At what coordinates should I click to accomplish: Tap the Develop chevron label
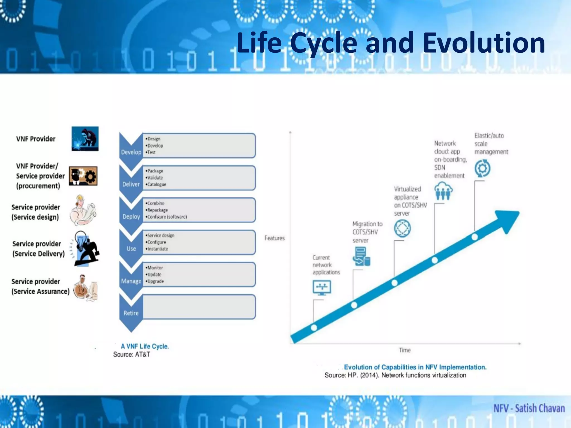tap(131, 152)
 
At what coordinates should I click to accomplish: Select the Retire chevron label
tap(131, 313)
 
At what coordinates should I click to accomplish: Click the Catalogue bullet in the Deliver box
tap(156, 184)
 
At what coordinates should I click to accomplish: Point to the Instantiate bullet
tap(157, 249)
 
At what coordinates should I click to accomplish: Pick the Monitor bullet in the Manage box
tap(155, 267)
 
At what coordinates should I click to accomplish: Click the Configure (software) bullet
tap(166, 217)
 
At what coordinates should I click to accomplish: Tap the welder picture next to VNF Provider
tap(85, 139)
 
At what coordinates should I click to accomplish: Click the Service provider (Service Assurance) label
tap(40, 286)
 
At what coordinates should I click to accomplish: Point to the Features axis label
tap(274, 238)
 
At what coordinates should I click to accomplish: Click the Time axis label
tap(405, 350)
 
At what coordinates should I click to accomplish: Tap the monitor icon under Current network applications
tap(322, 288)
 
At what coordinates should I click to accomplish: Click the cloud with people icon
tap(443, 191)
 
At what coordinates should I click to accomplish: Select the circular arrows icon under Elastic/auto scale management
tap(482, 168)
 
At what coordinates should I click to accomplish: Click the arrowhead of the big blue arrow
tap(509, 220)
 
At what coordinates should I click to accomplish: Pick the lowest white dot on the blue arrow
tap(314, 328)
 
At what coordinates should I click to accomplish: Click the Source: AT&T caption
tap(132, 354)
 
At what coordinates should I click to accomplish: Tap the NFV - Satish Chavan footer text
tap(529, 408)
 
